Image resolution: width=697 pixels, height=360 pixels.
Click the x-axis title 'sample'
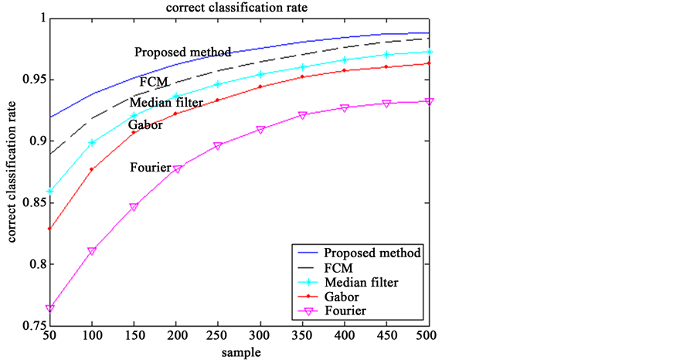point(239,352)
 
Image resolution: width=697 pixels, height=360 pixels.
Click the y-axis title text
point(13,175)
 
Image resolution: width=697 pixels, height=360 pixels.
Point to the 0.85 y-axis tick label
point(30,203)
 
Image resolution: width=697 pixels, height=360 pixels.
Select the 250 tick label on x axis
point(196,337)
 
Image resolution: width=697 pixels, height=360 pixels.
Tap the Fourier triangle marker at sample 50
point(50,308)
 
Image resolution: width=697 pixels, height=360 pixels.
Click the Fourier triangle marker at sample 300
point(260,130)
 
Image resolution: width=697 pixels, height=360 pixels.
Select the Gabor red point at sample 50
point(50,229)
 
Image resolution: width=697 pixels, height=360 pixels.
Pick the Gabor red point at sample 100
point(92,169)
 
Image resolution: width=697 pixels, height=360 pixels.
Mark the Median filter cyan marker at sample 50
point(50,191)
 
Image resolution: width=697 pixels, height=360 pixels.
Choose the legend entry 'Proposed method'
point(372,253)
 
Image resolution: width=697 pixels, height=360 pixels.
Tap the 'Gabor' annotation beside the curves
point(145,125)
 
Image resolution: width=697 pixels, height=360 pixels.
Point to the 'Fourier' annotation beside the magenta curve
point(150,167)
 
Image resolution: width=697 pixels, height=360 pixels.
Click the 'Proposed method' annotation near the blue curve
point(183,53)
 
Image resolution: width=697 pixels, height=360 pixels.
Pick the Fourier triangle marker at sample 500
point(428,101)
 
